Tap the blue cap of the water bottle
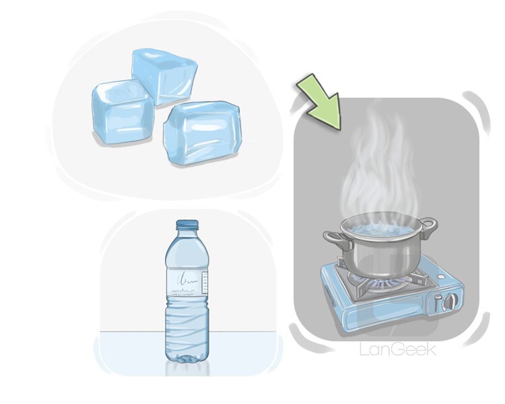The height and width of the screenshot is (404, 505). pos(187,224)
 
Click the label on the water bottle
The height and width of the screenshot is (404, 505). pos(187,282)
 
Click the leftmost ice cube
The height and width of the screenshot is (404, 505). pos(123,110)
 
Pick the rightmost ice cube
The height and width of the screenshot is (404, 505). pos(202,133)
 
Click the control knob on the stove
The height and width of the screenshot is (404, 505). pos(450,302)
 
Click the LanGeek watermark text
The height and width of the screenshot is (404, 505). pos(398,349)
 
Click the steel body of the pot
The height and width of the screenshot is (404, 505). pos(380,255)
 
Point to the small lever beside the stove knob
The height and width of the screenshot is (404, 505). pos(436,304)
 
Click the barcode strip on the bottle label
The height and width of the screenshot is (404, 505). pos(204,283)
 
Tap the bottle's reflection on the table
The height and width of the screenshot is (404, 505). pos(187,370)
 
